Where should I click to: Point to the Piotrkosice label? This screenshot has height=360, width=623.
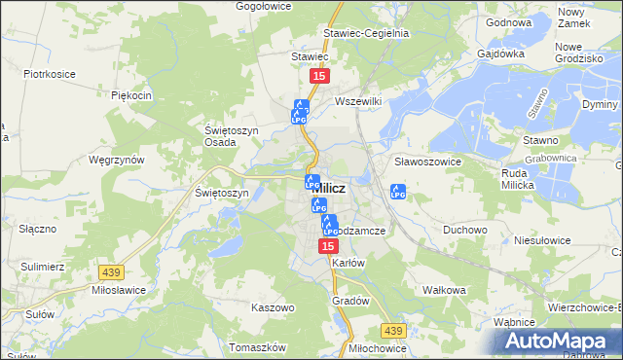tap(50, 73)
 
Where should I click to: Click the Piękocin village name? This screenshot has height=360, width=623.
tap(131, 95)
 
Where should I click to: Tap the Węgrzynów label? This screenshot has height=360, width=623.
tap(116, 160)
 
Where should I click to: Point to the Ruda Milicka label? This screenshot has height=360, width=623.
tap(527, 180)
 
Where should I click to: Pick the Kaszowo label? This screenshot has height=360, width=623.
tap(273, 307)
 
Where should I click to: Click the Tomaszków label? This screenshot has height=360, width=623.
tap(257, 347)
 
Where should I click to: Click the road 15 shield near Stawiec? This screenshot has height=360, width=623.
tap(318, 75)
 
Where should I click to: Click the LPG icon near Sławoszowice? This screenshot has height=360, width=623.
tap(397, 192)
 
